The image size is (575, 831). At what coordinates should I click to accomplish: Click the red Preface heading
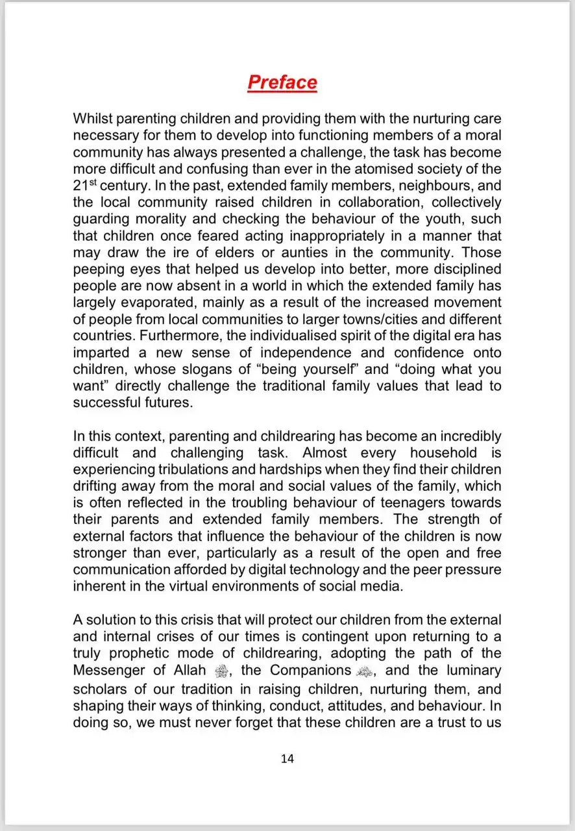pyautogui.click(x=282, y=83)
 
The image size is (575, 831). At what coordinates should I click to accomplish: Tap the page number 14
pyautogui.click(x=287, y=758)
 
